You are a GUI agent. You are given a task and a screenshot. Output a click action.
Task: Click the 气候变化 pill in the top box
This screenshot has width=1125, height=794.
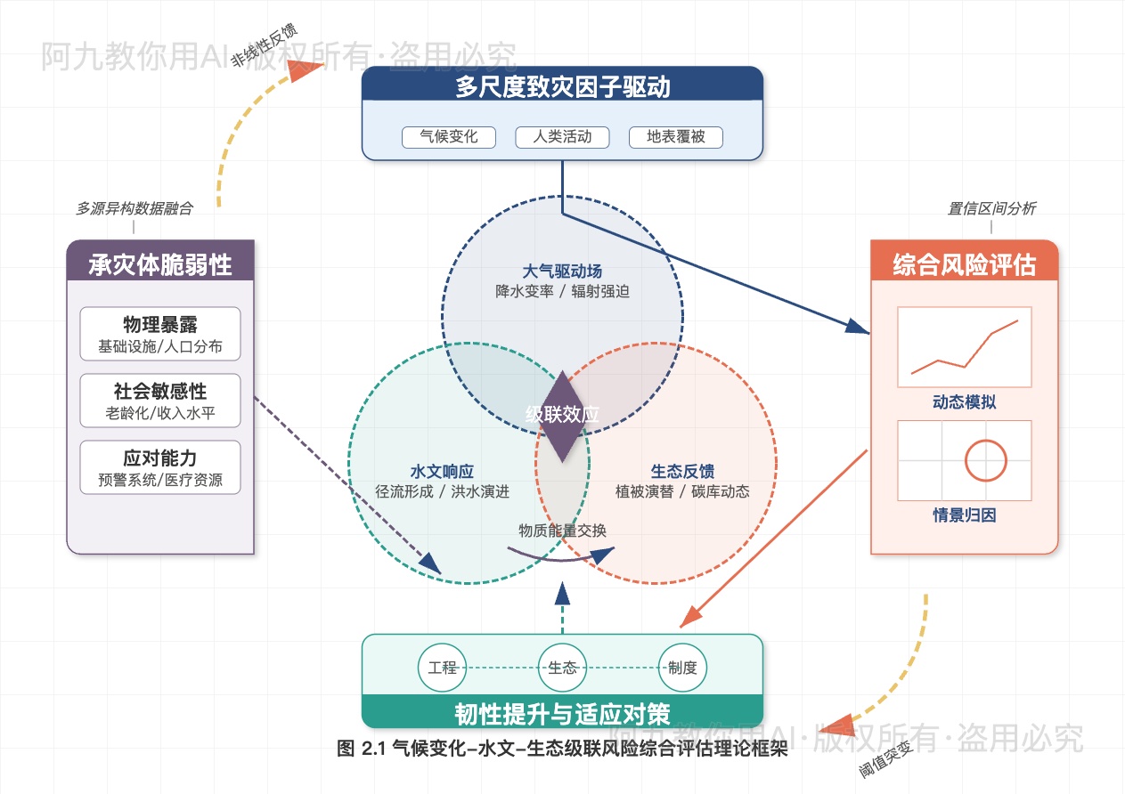[x=449, y=137]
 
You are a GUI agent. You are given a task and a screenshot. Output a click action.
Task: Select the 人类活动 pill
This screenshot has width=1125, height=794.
[x=562, y=137]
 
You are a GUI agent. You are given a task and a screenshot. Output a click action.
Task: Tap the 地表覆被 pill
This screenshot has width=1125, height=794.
[x=675, y=137]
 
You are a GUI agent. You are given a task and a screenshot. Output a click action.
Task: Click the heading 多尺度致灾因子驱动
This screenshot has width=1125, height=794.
[x=562, y=87]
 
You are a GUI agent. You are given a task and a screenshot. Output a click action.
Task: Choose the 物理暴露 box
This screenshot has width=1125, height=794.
[x=160, y=334]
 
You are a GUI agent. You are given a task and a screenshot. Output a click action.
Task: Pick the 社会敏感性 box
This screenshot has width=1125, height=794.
[x=160, y=401]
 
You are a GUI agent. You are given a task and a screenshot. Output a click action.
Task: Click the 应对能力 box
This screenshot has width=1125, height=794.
[x=160, y=467]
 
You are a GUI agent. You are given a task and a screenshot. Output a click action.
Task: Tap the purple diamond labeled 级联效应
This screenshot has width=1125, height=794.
[x=562, y=416]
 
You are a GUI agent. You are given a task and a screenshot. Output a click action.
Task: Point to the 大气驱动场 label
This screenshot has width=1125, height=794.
[x=562, y=271]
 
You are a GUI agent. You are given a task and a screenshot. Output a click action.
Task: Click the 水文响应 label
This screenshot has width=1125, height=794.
[x=442, y=471]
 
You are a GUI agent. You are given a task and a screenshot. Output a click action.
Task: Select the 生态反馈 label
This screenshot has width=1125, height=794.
[x=682, y=471]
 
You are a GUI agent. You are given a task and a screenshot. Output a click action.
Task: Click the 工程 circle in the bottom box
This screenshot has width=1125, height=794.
[x=443, y=668]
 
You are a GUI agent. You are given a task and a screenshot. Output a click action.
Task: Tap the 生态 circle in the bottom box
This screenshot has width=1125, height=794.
[x=563, y=668]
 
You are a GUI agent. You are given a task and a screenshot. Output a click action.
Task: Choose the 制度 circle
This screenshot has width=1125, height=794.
[x=682, y=668]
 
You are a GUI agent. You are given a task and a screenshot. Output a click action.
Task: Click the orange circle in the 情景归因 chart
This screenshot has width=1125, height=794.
[x=985, y=461]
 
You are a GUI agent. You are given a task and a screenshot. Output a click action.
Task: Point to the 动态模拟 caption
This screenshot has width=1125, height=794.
[x=964, y=402]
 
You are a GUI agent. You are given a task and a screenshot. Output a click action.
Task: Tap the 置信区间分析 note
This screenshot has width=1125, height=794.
[x=990, y=209]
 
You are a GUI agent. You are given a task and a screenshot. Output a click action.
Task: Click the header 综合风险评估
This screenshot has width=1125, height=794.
[x=964, y=264]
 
